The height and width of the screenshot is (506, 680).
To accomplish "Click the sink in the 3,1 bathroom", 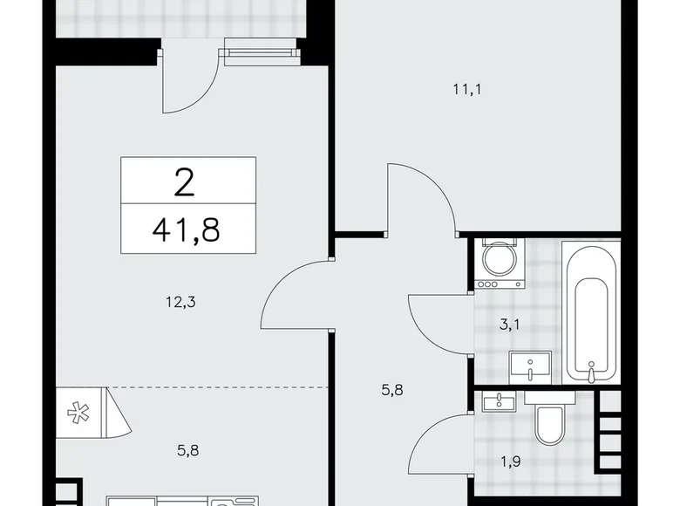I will (529, 366).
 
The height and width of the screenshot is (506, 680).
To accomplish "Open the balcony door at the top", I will (187, 83).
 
